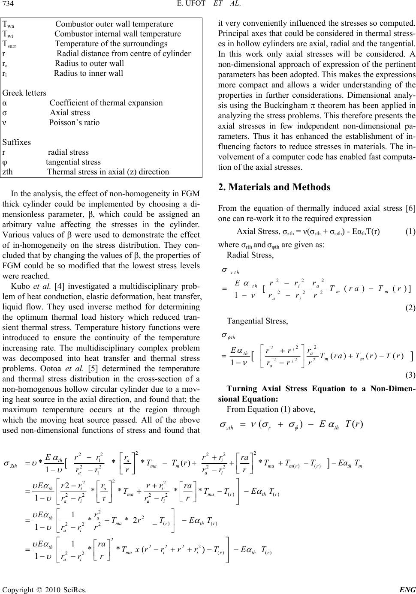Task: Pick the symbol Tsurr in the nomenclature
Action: point(10,44)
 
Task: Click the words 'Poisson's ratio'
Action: point(74,123)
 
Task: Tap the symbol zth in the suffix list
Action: point(7,172)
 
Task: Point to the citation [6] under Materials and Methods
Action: point(410,209)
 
